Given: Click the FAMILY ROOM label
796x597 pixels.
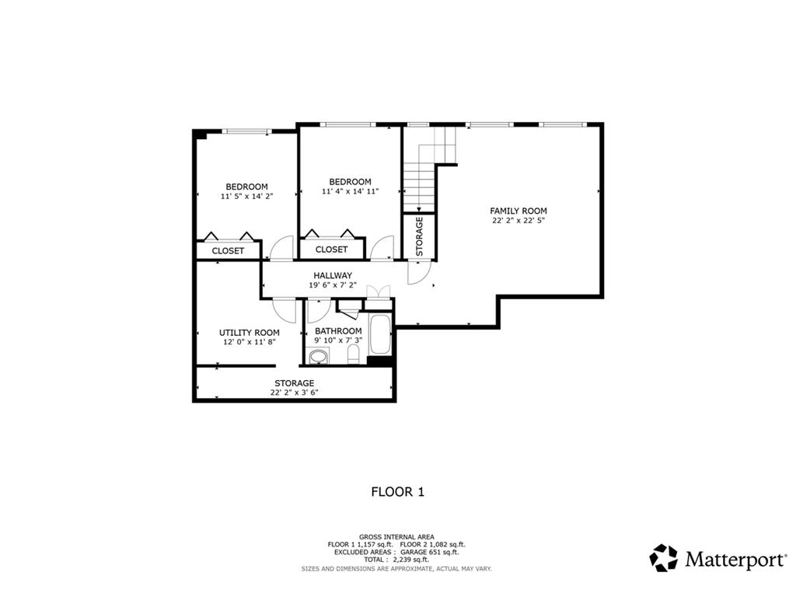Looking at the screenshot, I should point(518,211).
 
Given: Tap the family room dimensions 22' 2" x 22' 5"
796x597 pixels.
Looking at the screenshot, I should point(518,221).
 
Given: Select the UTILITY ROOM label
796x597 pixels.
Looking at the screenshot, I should point(249,333).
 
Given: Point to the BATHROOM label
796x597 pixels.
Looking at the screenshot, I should point(338,330).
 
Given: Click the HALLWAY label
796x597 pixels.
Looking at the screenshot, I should point(333,275).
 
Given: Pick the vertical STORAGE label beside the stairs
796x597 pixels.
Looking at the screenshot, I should point(419,236).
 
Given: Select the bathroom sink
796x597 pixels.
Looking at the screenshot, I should point(318,358).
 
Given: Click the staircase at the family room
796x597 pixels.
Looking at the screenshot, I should point(424,175).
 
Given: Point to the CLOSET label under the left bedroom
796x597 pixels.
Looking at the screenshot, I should point(228,251).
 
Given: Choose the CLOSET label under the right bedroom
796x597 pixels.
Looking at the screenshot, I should point(332,250).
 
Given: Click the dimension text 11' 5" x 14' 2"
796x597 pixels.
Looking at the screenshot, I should point(246,197).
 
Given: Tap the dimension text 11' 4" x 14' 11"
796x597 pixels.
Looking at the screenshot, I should point(350,191).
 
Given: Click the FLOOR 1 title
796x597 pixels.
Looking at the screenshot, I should point(397,491).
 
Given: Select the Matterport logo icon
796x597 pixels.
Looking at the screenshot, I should point(663,558).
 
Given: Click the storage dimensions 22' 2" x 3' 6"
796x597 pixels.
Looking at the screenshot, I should point(294,393).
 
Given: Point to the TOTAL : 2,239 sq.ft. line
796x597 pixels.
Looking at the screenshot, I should point(397,560).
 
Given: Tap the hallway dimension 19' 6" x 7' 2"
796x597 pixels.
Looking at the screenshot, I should point(333,285).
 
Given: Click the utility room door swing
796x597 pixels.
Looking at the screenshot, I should point(285,311).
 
